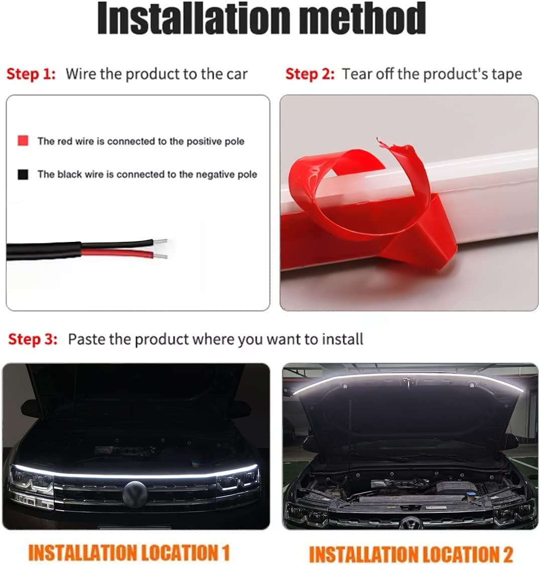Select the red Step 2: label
coord(310,74)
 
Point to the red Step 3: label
coord(33,339)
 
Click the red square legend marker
coord(23,141)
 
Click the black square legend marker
coord(23,175)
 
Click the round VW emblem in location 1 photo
coord(135,494)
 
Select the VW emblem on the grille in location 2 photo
coord(411,522)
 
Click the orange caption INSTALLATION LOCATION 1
coord(128,552)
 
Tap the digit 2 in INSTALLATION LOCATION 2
coord(506,554)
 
